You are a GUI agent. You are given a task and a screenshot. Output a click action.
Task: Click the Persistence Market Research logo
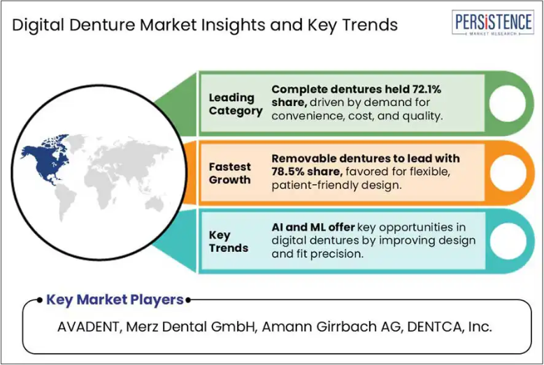point(493,22)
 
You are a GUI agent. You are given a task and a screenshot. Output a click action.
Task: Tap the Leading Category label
point(236,104)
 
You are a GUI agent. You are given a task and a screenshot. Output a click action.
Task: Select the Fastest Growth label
point(229,173)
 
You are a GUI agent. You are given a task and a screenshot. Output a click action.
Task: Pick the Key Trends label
point(228,241)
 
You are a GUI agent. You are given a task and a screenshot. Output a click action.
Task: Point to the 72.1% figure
point(427,89)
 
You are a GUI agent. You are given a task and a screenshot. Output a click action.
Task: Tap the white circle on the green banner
point(507,103)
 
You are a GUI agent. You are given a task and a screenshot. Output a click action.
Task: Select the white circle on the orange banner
point(507,172)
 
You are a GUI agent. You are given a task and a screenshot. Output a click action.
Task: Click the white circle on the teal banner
point(507,241)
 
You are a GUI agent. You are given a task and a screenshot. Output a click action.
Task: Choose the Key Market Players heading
point(115,299)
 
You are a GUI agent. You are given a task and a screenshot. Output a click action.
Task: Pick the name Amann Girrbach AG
point(331,327)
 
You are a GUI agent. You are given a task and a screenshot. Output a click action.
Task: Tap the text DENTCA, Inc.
point(450,327)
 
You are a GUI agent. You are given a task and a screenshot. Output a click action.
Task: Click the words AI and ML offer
point(313,228)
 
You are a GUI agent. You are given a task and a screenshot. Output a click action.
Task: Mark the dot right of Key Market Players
point(188,300)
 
